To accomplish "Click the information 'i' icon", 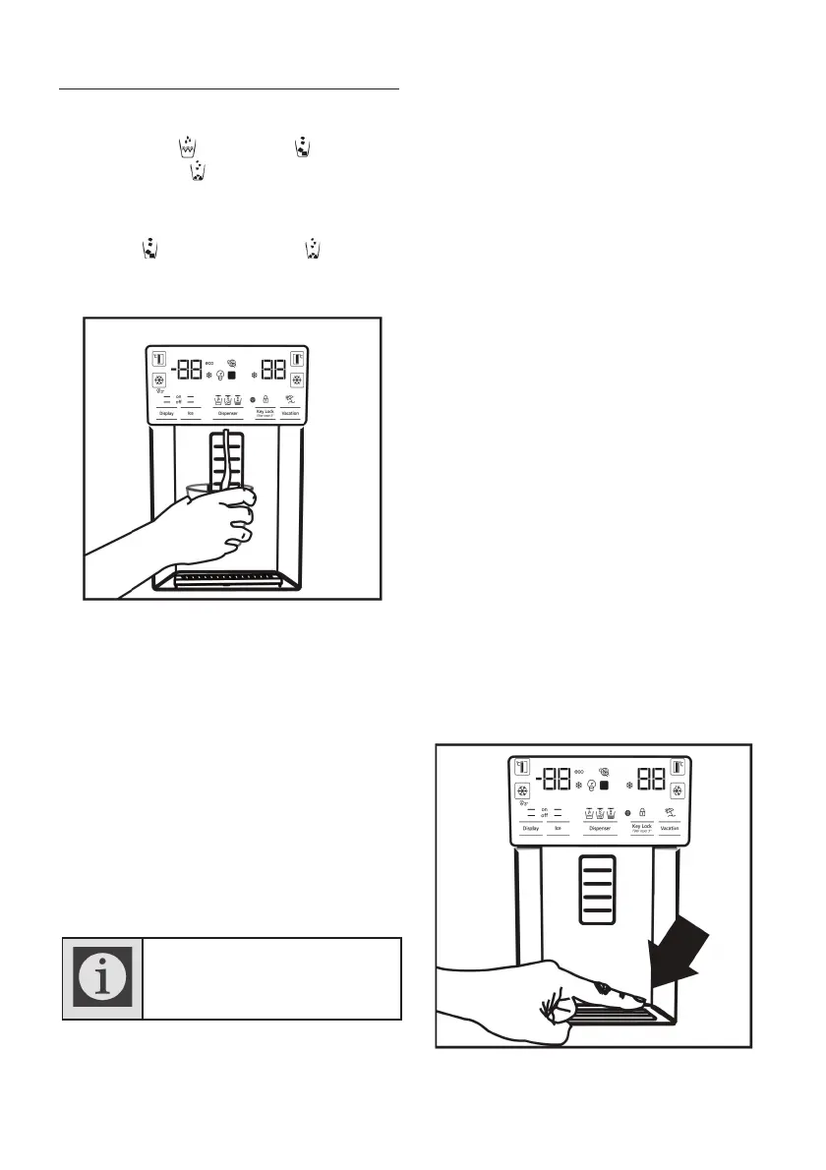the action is pos(103,978).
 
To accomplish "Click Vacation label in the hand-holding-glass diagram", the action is pos(290,413).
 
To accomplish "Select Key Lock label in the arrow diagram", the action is pos(641,828).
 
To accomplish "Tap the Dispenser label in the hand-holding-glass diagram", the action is pos(228,413).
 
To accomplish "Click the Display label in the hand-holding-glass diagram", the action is pos(166,413).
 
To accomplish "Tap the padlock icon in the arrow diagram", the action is pos(641,812).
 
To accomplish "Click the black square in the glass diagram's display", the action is pos(231,376).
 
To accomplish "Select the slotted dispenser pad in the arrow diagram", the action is pos(597,890).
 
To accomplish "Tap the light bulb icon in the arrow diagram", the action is pos(591,787).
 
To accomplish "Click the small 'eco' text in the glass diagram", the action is pos(208,363).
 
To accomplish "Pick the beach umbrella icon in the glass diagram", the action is pos(290,399).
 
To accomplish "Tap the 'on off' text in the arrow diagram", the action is pos(544,813).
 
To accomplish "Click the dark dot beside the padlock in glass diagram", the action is pos(253,400).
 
